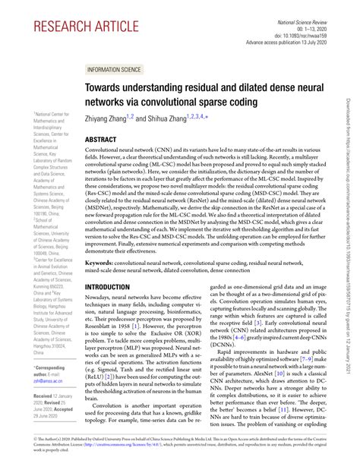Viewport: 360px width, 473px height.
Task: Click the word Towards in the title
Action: [x=106, y=88]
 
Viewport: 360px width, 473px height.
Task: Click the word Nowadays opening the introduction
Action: [x=101, y=279]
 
